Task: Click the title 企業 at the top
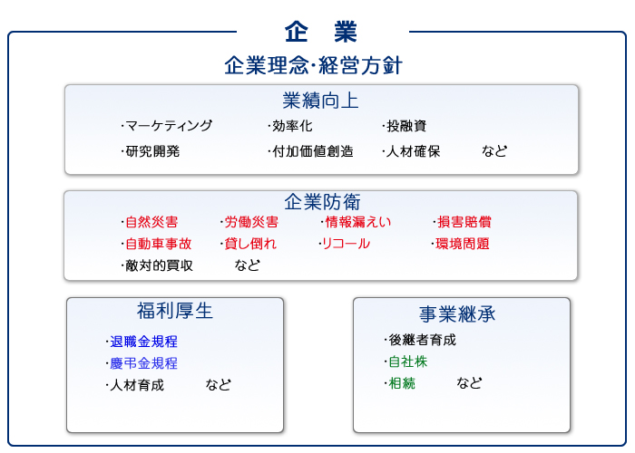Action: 321,32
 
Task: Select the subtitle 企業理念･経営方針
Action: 314,65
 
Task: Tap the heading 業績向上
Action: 320,101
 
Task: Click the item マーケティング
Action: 169,126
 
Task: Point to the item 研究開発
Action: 152,151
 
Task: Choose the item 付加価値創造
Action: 313,151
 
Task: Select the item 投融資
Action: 406,126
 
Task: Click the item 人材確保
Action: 413,151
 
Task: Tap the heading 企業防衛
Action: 322,201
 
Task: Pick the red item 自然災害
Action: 151,222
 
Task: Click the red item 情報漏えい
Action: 358,222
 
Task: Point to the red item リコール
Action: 346,244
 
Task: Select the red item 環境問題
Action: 463,244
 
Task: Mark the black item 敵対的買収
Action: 159,265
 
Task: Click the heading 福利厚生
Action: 174,311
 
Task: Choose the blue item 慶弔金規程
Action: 143,363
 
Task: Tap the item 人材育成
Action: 137,385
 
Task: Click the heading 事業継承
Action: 457,313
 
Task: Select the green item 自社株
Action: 408,361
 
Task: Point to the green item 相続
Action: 402,383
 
